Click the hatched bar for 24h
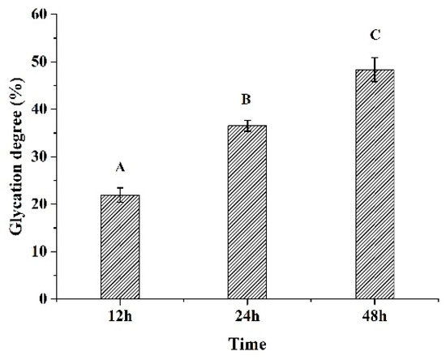pos(247,212)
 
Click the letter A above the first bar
pos(120,168)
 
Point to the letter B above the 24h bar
pos(247,101)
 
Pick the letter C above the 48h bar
pos(375,35)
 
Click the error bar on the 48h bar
pos(374,69)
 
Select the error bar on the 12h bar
pos(119,195)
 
